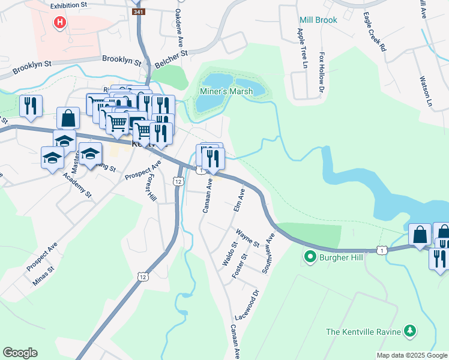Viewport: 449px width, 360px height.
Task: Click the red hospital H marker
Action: (59, 23)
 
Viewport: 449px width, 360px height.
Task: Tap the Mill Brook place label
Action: (318, 20)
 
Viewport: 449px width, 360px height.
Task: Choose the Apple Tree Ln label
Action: (301, 48)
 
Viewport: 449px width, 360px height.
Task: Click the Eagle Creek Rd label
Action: (374, 32)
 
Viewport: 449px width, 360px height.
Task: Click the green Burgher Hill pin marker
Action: (310, 258)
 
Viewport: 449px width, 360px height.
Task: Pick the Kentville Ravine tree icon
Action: (409, 331)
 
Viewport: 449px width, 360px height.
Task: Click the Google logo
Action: (20, 353)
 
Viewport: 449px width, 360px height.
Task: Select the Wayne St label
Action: (247, 238)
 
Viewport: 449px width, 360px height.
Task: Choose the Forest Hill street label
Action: (151, 188)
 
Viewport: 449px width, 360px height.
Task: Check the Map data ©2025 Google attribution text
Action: (412, 355)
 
